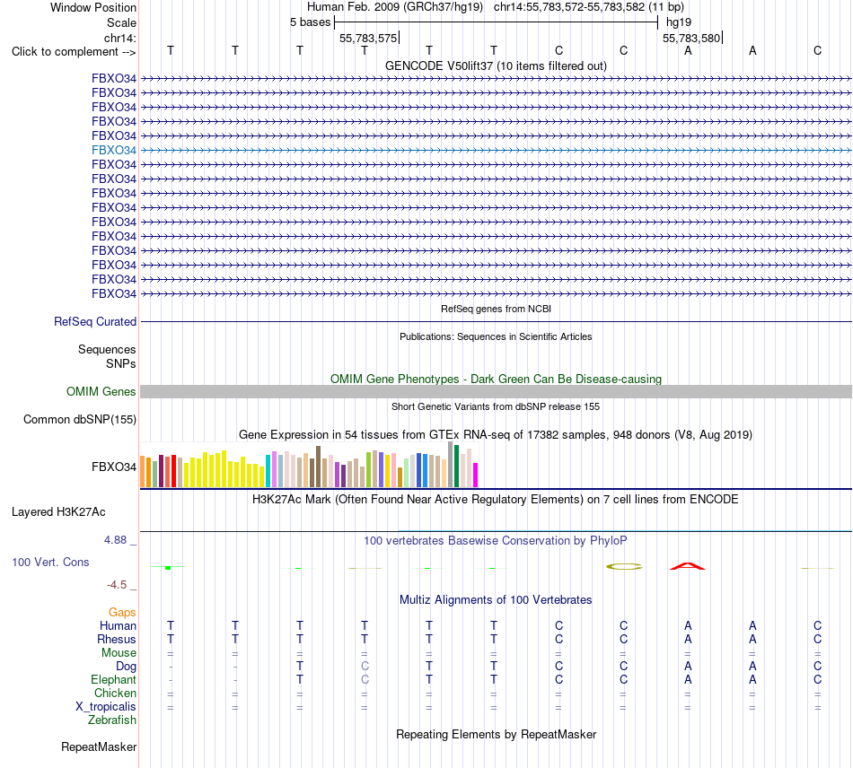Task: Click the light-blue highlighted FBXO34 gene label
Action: pyautogui.click(x=114, y=150)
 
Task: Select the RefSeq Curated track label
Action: pyautogui.click(x=95, y=322)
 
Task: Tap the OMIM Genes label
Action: pyautogui.click(x=101, y=391)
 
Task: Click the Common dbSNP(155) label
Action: pyautogui.click(x=80, y=420)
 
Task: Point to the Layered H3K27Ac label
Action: pyautogui.click(x=58, y=512)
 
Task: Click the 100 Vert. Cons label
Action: pyautogui.click(x=50, y=562)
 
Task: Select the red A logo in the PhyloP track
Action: pyautogui.click(x=688, y=566)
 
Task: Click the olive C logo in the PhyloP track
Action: pyautogui.click(x=624, y=566)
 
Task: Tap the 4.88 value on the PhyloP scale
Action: pyautogui.click(x=115, y=540)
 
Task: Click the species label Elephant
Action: pyautogui.click(x=114, y=679)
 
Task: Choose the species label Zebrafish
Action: pyautogui.click(x=112, y=720)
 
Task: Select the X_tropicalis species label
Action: pyautogui.click(x=106, y=707)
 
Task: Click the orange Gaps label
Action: pyautogui.click(x=122, y=613)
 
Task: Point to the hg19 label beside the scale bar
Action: pyautogui.click(x=679, y=22)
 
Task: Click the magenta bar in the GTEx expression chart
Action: pyautogui.click(x=476, y=475)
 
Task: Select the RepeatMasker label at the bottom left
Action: pyautogui.click(x=99, y=746)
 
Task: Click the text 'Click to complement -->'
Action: pyautogui.click(x=74, y=52)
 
